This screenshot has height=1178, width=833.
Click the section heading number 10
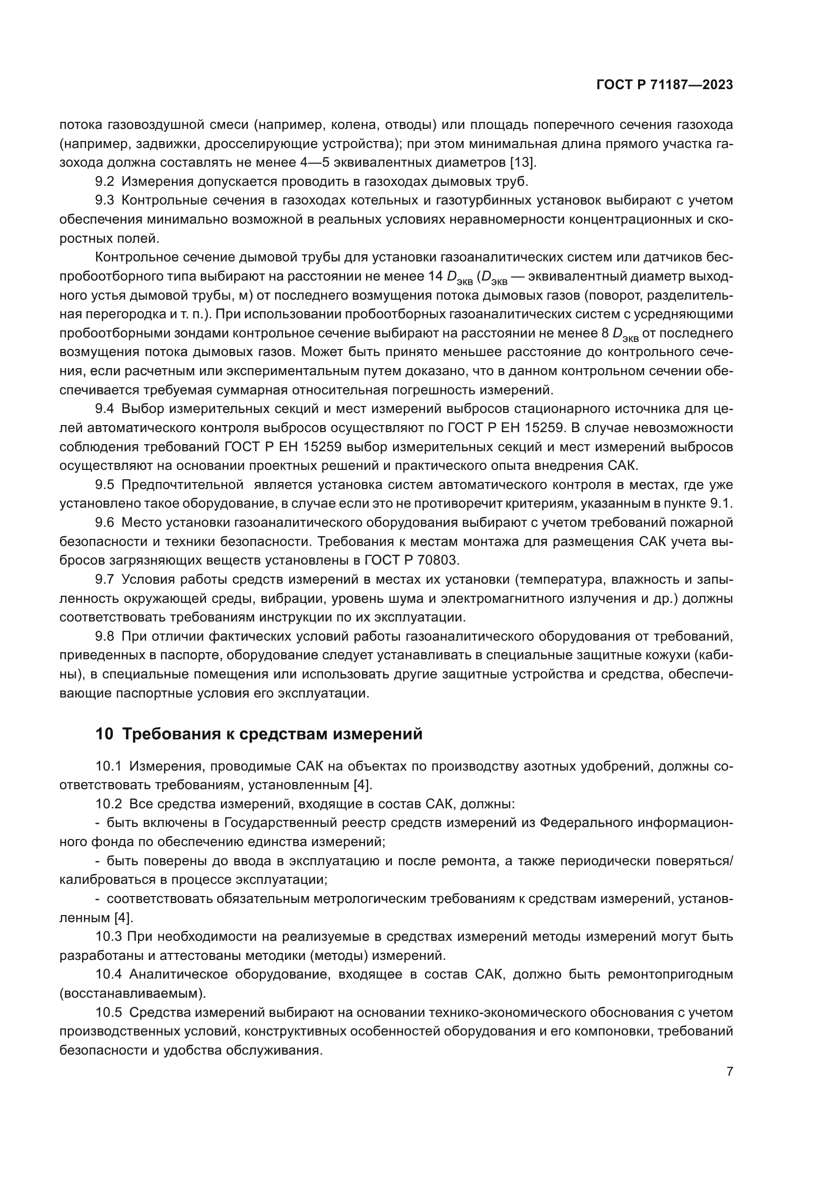(104, 734)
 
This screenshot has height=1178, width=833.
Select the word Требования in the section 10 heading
(170, 734)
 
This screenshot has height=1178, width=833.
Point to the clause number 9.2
(106, 182)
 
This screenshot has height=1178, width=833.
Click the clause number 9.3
(106, 200)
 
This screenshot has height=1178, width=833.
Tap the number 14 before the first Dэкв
(435, 276)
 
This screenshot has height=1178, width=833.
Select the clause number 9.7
(106, 579)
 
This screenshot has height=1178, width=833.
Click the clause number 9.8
(106, 636)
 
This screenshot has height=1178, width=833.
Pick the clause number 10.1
(109, 767)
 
